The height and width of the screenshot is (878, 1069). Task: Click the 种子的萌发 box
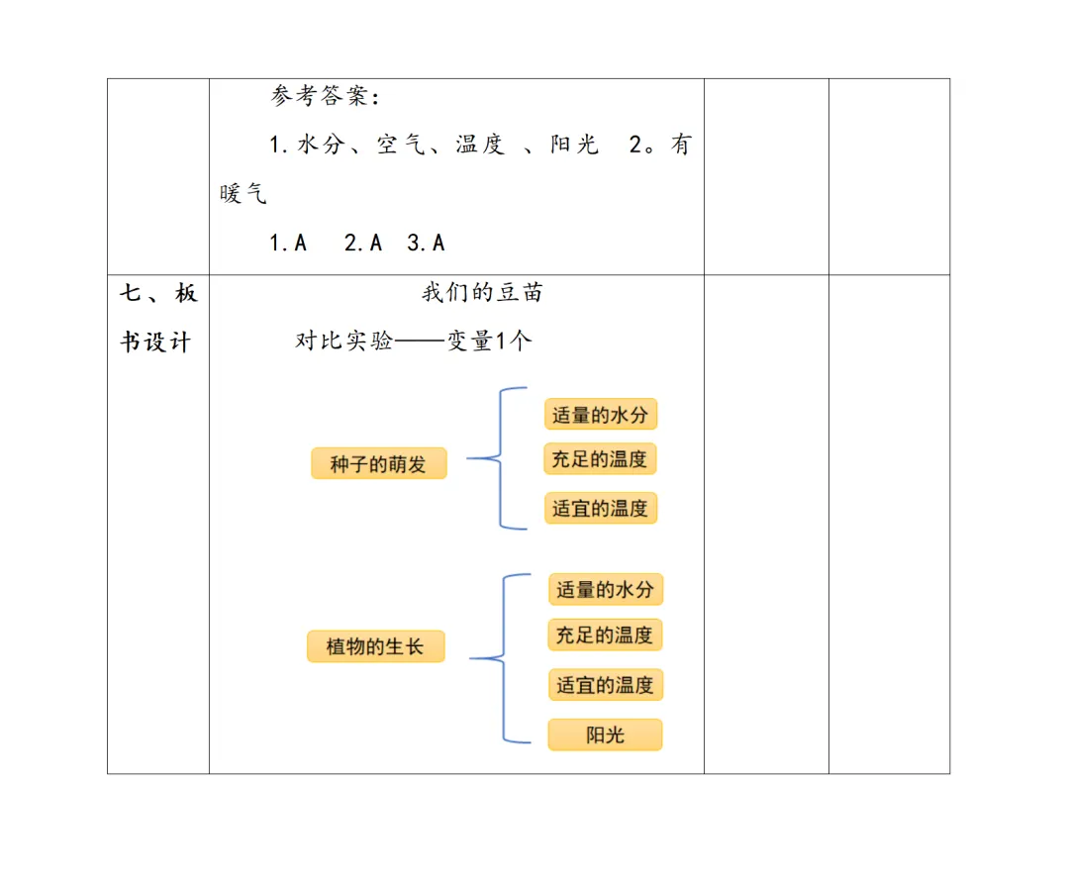tap(378, 463)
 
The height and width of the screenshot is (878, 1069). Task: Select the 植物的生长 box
tap(375, 647)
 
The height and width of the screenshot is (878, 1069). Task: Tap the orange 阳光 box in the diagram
tap(605, 734)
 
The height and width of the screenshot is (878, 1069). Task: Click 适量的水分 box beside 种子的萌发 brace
tap(600, 414)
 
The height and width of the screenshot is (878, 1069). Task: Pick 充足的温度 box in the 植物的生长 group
tap(605, 634)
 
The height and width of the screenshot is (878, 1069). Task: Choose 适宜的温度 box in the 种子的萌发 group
tap(600, 508)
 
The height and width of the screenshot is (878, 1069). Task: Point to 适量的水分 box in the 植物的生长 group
tap(605, 589)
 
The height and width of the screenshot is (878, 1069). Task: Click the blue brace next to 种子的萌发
tap(500, 458)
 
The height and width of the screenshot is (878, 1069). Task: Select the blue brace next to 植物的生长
tap(504, 657)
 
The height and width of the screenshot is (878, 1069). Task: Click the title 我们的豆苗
tap(482, 293)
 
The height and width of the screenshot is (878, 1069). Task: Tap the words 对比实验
tap(343, 341)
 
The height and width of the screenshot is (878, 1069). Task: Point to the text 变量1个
tap(489, 341)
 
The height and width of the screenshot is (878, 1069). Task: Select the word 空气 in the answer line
tap(401, 145)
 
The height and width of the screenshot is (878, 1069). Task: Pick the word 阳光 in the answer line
tap(574, 145)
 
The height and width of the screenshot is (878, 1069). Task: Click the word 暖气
tap(243, 193)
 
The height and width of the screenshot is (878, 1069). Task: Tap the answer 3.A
tap(426, 243)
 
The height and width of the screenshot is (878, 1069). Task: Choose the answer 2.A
tap(362, 243)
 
